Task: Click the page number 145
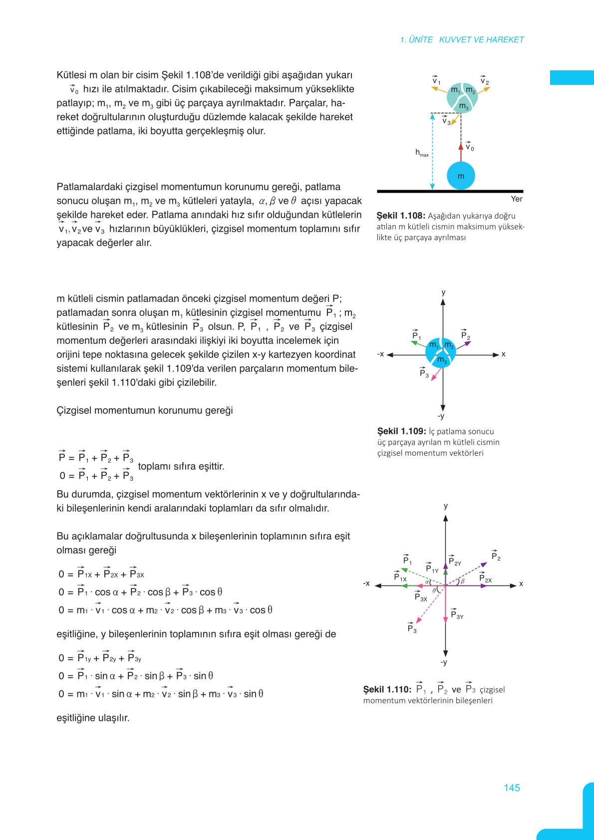512,788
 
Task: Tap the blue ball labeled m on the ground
461,176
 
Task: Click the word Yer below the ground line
516,199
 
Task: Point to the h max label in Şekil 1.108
422,153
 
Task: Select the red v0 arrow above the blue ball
461,152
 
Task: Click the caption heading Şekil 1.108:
401,216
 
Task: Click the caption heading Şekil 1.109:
401,431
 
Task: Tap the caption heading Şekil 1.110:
387,689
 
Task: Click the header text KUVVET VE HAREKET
481,39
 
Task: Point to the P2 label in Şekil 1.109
465,335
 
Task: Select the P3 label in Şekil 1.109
424,373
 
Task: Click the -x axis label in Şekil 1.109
381,354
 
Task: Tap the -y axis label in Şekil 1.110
443,662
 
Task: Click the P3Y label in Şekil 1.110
457,615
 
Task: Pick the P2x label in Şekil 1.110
485,578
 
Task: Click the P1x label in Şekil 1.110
400,577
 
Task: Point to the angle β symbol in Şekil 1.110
463,581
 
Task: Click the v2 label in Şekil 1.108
484,81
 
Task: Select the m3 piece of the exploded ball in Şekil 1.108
464,106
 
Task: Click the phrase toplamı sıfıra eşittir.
181,466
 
